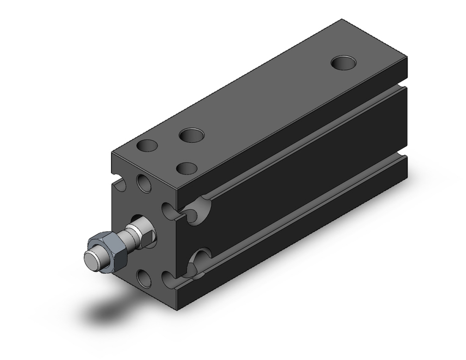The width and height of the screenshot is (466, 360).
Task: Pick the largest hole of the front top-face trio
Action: pyautogui.click(x=192, y=136)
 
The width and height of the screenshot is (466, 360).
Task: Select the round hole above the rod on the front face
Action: pyautogui.click(x=144, y=183)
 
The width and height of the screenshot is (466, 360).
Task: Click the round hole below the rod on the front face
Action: pyautogui.click(x=144, y=278)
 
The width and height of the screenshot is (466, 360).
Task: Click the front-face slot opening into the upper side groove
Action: pyautogui.click(x=170, y=210)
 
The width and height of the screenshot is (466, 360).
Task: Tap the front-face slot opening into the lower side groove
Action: pyautogui.click(x=169, y=279)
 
